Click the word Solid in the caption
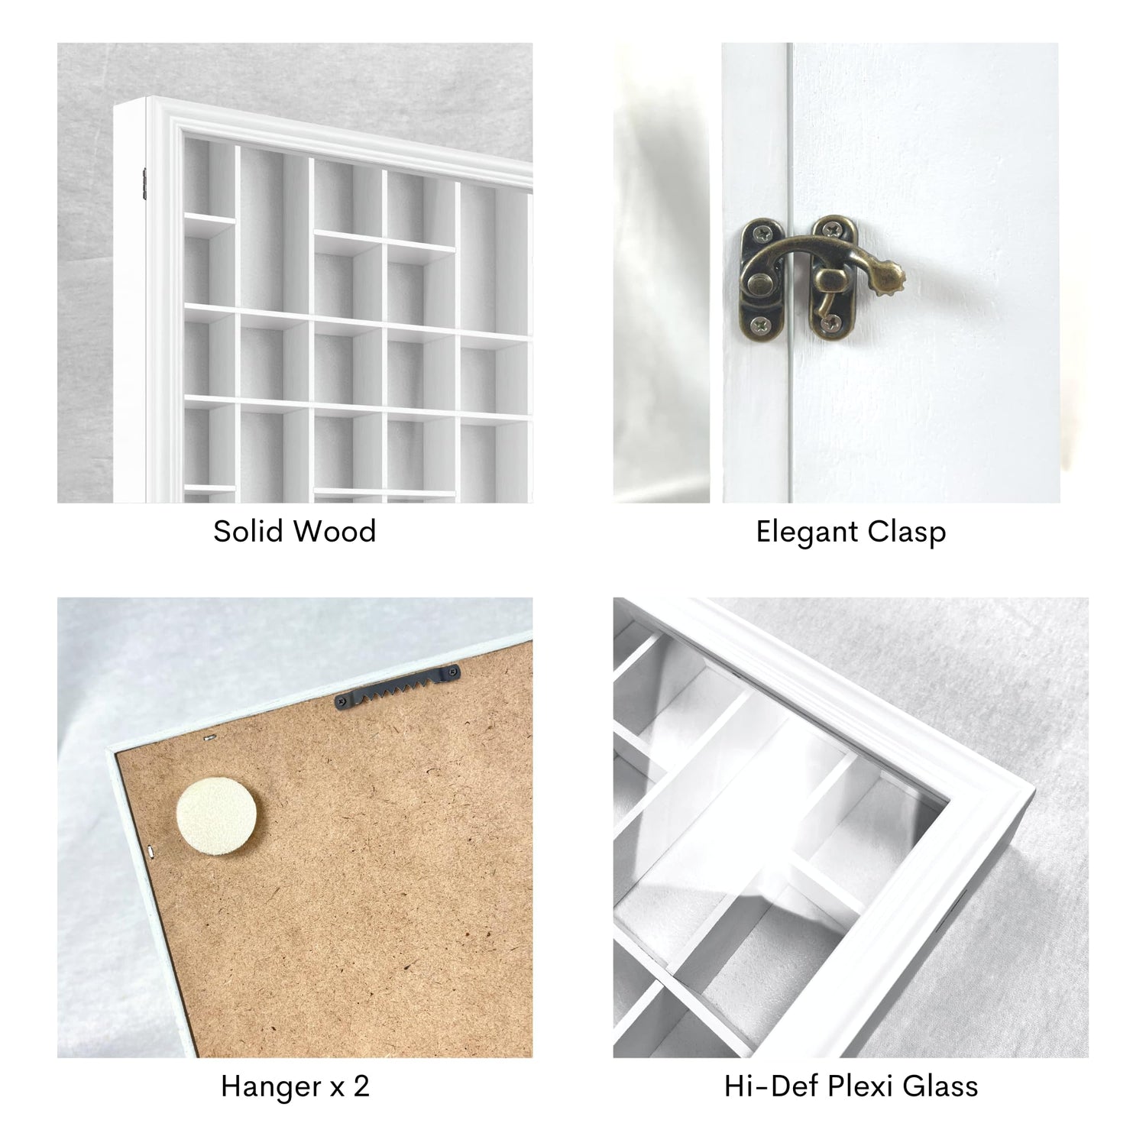tap(248, 531)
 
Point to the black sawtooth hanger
tap(398, 685)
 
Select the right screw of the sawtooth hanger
tap(455, 672)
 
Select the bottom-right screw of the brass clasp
tap(830, 327)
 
